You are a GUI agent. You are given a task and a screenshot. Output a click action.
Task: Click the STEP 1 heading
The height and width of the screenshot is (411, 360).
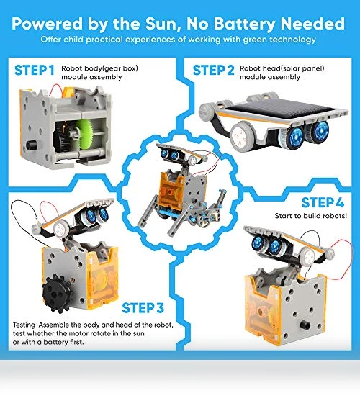[35, 71]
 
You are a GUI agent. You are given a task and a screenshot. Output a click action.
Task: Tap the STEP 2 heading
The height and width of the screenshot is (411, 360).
[213, 71]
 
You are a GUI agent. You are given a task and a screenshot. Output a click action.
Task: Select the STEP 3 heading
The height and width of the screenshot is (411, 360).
[143, 308]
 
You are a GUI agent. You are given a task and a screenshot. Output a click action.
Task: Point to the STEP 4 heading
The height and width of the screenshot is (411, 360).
[323, 202]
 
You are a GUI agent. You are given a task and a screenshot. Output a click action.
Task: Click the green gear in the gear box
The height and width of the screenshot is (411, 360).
[84, 134]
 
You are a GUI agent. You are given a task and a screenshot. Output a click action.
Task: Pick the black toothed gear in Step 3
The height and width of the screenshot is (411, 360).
[57, 294]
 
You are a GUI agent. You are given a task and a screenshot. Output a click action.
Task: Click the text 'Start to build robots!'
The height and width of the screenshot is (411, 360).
[311, 216]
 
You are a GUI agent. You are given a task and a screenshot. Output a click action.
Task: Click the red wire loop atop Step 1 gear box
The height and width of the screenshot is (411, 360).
[56, 90]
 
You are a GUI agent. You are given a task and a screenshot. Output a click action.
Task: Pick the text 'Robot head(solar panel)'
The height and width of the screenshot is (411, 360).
[282, 68]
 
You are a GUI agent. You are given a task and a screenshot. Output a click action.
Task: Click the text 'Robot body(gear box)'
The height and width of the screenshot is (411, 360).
[99, 68]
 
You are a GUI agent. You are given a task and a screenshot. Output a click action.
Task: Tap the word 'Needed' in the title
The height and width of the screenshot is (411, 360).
[312, 24]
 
